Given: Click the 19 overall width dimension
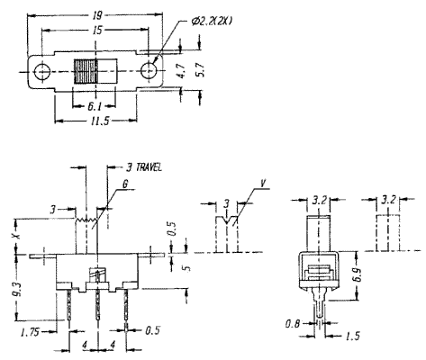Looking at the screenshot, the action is click(x=97, y=15).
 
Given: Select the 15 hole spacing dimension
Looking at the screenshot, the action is click(x=97, y=30).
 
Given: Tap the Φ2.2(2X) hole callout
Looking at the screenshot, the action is click(x=212, y=21).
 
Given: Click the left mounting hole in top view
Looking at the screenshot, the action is click(x=42, y=72).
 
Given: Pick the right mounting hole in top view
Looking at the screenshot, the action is click(x=149, y=72).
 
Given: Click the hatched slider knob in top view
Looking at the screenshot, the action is click(x=86, y=72).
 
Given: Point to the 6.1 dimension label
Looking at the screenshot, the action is click(x=95, y=106).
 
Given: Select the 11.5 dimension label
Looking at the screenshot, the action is click(x=100, y=121).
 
